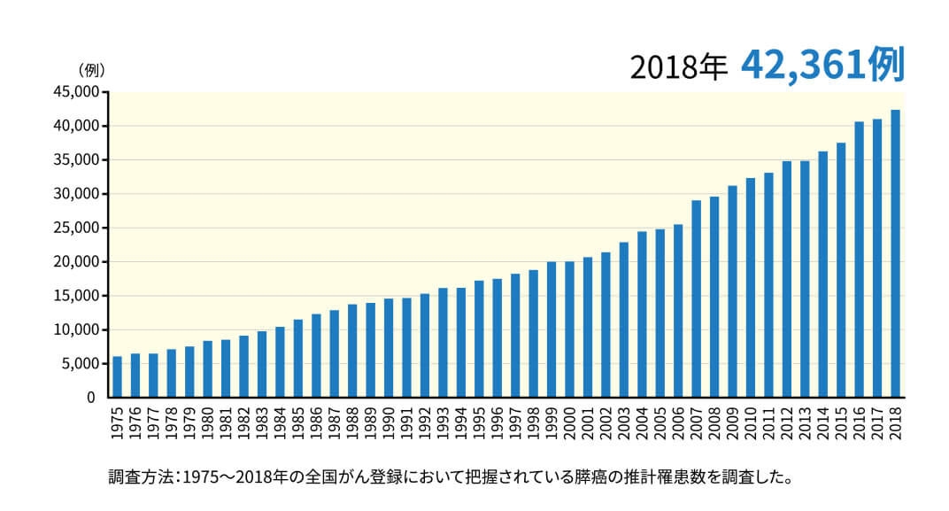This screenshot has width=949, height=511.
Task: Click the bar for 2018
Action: (x=895, y=253)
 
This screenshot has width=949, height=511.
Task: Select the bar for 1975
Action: (x=117, y=376)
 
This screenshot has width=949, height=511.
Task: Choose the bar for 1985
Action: (x=298, y=358)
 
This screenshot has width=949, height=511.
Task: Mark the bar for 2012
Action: (x=787, y=279)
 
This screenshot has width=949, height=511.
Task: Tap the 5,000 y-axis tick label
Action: (x=77, y=364)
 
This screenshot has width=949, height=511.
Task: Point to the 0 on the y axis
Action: (x=90, y=398)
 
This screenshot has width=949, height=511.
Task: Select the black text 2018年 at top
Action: (x=678, y=67)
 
